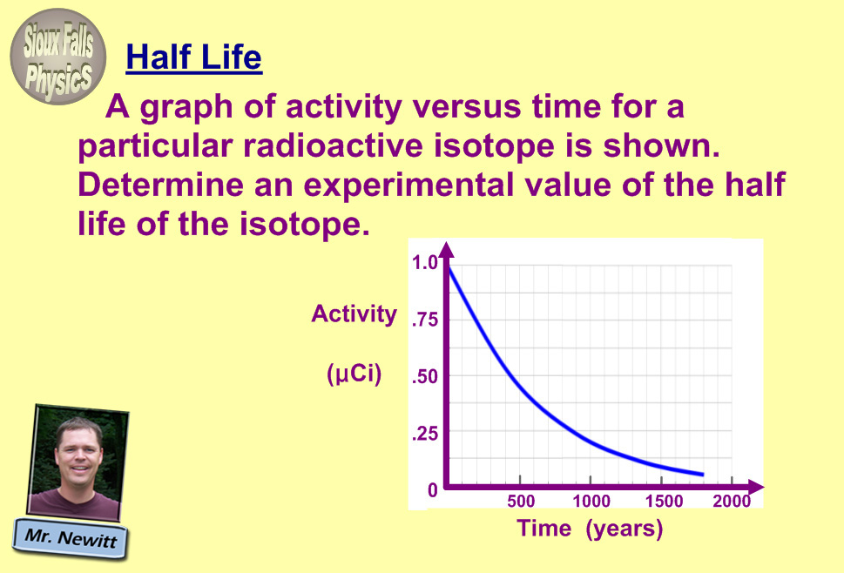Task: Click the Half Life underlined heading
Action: (193, 57)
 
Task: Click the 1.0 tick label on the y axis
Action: (424, 262)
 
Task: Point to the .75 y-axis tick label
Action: (424, 320)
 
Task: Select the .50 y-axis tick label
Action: (424, 378)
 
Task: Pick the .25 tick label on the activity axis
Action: (424, 434)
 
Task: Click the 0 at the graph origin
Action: (433, 490)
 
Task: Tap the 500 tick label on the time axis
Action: (521, 502)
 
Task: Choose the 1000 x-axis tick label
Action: (591, 502)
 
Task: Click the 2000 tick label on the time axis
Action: (732, 502)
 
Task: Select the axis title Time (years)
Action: (590, 529)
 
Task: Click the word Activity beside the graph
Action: (354, 313)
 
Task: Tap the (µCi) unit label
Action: (354, 375)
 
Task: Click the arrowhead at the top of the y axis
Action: (446, 251)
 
